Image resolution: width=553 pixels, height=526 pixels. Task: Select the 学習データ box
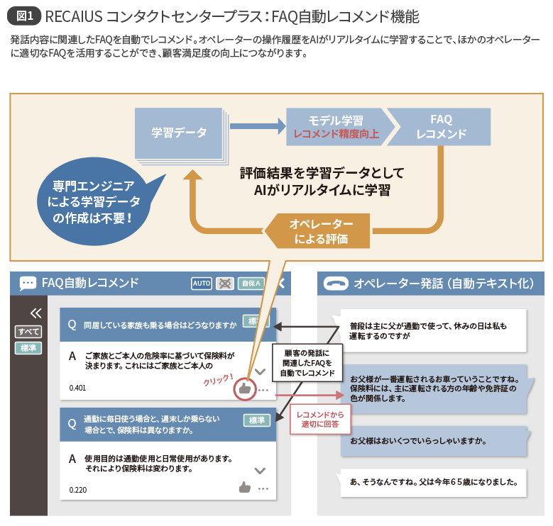179,133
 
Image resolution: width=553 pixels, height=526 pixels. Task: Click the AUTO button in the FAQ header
202,284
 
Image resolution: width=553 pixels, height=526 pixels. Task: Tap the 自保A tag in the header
250,284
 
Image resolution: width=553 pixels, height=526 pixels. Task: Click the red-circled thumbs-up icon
245,388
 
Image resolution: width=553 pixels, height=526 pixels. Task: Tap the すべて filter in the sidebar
29,332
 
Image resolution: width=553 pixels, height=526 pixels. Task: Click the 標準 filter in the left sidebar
29,348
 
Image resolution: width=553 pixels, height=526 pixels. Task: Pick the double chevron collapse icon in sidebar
35,313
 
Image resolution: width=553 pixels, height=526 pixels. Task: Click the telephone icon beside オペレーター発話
336,284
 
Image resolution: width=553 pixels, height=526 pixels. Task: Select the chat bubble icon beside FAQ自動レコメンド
28,284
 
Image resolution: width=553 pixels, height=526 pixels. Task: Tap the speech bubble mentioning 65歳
433,484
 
